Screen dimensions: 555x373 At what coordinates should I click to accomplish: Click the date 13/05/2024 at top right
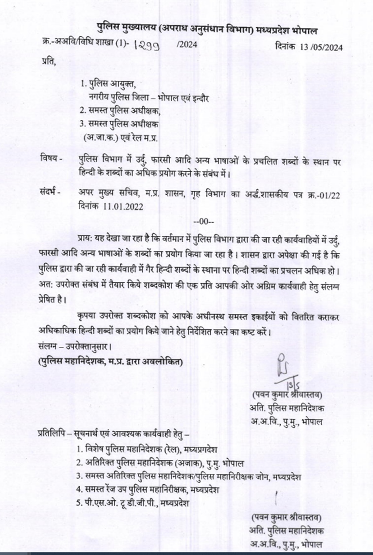[321, 47]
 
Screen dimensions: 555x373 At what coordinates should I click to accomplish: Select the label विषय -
[51, 159]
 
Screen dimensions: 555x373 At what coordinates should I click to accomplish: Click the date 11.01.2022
[124, 207]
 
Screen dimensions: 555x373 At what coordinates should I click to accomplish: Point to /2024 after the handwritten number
[186, 45]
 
